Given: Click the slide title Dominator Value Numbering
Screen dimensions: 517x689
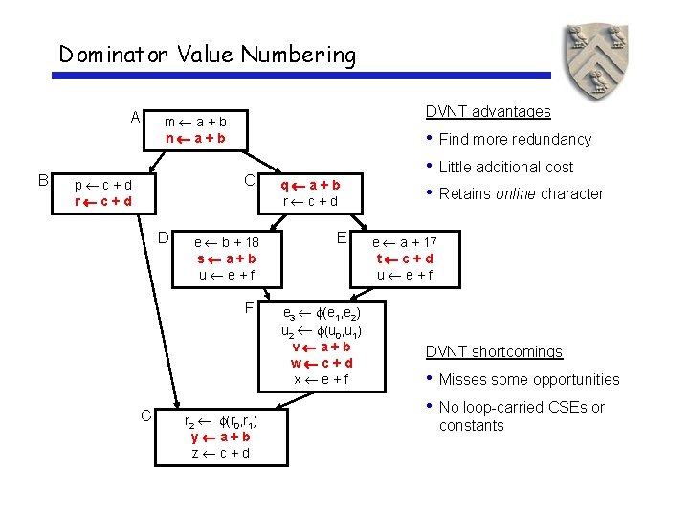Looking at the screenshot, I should pyautogui.click(x=207, y=55).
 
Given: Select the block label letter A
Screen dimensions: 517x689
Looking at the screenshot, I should pyautogui.click(x=135, y=119).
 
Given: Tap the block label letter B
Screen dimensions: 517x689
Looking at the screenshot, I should pyautogui.click(x=43, y=179).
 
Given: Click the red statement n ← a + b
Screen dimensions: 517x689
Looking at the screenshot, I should pyautogui.click(x=195, y=138).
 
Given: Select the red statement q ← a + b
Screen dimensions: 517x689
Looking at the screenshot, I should pyautogui.click(x=308, y=184).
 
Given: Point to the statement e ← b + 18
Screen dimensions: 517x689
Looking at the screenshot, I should pyautogui.click(x=227, y=242).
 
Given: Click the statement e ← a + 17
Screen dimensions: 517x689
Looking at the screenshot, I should pyautogui.click(x=404, y=242).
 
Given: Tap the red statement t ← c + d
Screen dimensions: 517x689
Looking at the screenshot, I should pyautogui.click(x=405, y=258).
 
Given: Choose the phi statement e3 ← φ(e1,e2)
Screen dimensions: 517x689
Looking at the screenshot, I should pyautogui.click(x=321, y=313).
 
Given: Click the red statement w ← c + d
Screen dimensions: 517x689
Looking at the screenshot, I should pyautogui.click(x=322, y=363).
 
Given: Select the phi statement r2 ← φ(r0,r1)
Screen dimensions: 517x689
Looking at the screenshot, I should pyautogui.click(x=221, y=420).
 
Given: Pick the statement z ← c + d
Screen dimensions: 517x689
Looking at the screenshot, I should pyautogui.click(x=221, y=453).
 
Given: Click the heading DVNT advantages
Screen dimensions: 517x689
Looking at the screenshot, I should pyautogui.click(x=488, y=111).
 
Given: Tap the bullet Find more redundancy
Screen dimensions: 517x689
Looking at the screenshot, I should pyautogui.click(x=515, y=140).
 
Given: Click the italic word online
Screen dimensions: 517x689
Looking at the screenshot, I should pyautogui.click(x=514, y=194).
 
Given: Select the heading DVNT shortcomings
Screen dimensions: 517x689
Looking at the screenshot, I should pyautogui.click(x=494, y=351).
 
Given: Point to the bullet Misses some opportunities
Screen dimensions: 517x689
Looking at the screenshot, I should pyautogui.click(x=528, y=380).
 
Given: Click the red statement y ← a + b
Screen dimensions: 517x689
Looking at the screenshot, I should pyautogui.click(x=221, y=437).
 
